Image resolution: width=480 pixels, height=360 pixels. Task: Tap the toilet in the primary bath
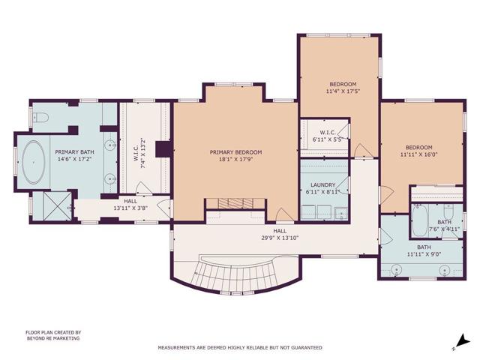point(42,117)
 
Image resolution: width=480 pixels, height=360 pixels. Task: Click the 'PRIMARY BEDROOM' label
point(234,151)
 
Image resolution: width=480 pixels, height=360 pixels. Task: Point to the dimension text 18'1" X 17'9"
point(234,158)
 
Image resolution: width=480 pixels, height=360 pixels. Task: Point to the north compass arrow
point(461,342)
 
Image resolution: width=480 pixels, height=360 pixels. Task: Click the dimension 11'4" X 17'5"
point(343,91)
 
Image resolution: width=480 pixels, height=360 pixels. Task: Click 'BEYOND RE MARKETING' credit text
point(52,338)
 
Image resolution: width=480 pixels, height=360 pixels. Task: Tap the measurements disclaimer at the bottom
point(239,348)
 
